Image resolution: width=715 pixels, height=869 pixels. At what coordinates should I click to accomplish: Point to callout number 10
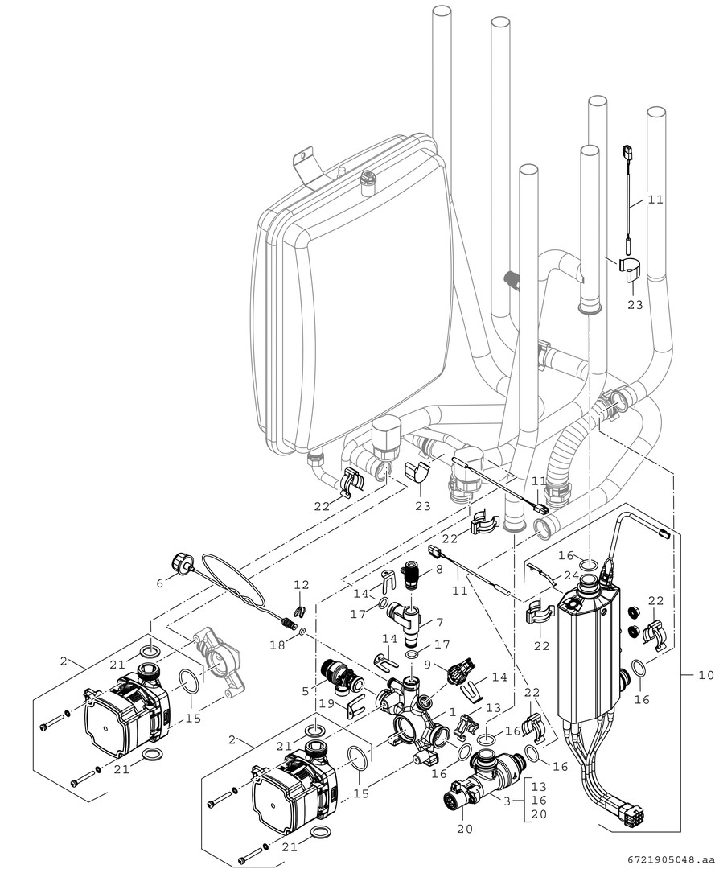705,676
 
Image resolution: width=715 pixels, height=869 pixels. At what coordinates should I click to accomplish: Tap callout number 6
158,583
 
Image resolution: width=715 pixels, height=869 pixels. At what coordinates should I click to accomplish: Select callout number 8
438,569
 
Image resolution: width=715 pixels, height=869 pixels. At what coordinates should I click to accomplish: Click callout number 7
438,624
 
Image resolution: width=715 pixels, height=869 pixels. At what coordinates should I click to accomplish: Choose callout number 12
301,586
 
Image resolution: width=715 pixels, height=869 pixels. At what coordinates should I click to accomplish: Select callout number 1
453,711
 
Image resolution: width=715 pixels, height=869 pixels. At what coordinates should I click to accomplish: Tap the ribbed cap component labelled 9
459,669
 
